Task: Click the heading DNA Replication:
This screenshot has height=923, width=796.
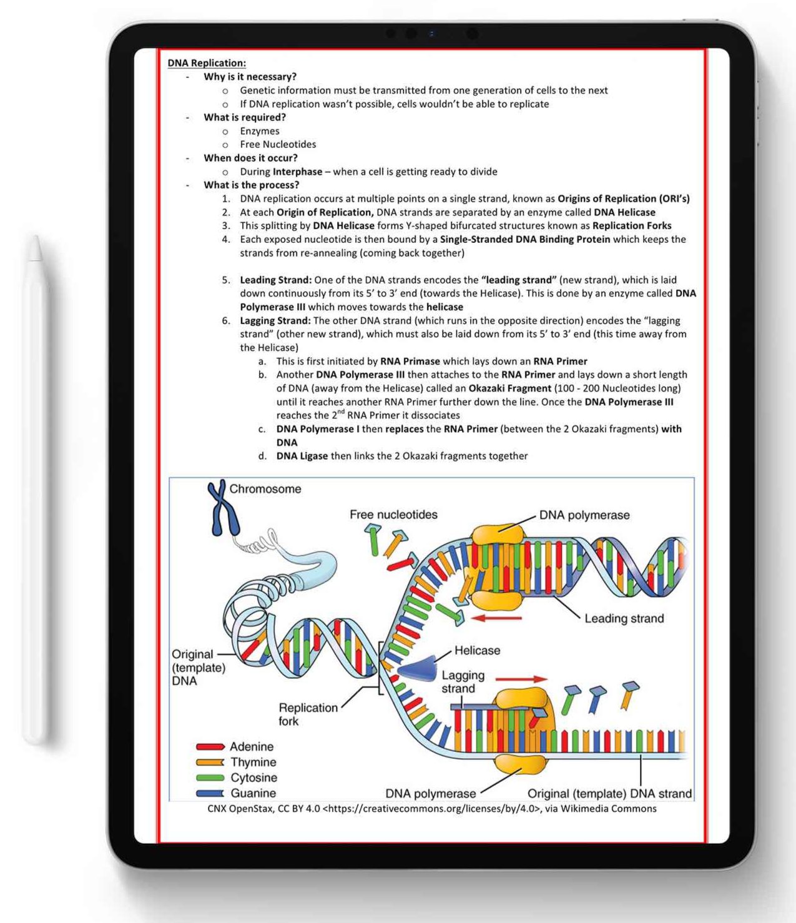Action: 207,63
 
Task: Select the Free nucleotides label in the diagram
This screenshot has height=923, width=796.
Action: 393,515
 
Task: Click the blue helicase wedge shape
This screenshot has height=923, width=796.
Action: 418,668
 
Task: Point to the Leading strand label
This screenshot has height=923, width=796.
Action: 624,618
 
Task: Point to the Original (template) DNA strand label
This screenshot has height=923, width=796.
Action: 609,794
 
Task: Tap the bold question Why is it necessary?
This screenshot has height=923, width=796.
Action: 250,77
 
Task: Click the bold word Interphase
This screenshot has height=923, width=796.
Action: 297,172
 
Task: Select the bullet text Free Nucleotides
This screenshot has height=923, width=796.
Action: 278,144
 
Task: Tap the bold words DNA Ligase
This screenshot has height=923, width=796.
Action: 302,456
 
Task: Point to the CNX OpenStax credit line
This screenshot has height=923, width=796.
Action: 431,809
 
